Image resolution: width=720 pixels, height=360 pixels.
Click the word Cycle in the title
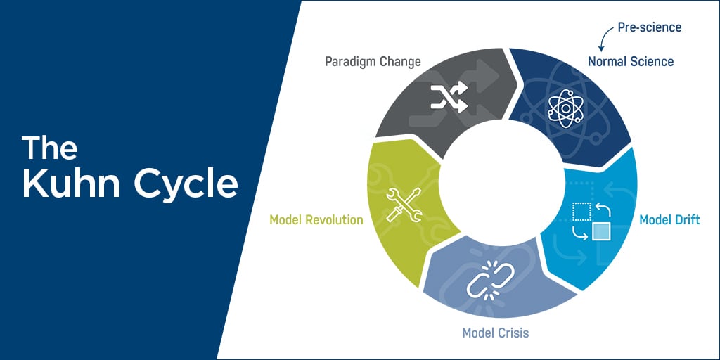[x=186, y=185]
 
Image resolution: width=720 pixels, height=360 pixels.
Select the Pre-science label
[x=650, y=27]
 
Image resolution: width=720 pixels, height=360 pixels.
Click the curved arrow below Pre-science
[x=604, y=36]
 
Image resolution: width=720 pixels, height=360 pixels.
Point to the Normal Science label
[x=631, y=61]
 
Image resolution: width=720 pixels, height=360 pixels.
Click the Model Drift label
[x=669, y=220]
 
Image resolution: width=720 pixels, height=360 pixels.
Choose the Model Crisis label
[x=495, y=332]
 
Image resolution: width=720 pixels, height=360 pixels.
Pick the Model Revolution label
[x=316, y=220]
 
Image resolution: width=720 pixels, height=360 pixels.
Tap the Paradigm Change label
[x=373, y=61]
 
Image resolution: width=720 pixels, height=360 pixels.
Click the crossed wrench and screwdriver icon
[x=401, y=203]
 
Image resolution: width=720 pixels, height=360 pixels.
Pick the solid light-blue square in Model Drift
[x=600, y=231]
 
